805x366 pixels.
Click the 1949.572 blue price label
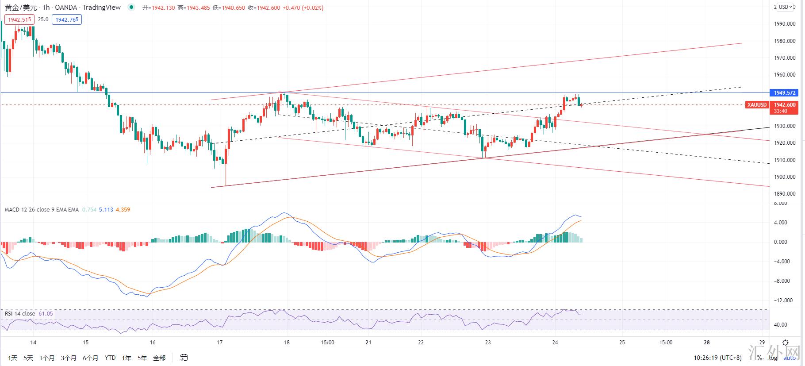tap(785, 93)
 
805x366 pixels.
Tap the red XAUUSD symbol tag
tap(756, 105)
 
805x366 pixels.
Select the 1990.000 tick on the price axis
tap(786, 24)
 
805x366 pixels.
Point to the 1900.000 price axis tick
tap(786, 177)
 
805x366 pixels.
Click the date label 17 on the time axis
tap(220, 342)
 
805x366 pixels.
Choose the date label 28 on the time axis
tap(707, 342)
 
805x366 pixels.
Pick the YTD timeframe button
tap(110, 358)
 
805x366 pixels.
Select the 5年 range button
tap(142, 358)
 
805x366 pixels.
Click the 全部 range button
tap(159, 358)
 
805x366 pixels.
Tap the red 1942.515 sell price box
tap(19, 19)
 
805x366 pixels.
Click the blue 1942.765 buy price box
tap(67, 19)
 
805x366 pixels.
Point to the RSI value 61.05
tap(46, 314)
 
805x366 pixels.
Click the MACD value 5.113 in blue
tap(106, 210)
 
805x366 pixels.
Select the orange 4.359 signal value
tap(123, 210)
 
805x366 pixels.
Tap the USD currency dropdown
tap(786, 7)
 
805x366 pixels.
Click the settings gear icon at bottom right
tap(785, 343)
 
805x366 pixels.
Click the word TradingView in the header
tap(102, 8)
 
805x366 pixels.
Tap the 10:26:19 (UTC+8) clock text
tap(718, 358)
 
